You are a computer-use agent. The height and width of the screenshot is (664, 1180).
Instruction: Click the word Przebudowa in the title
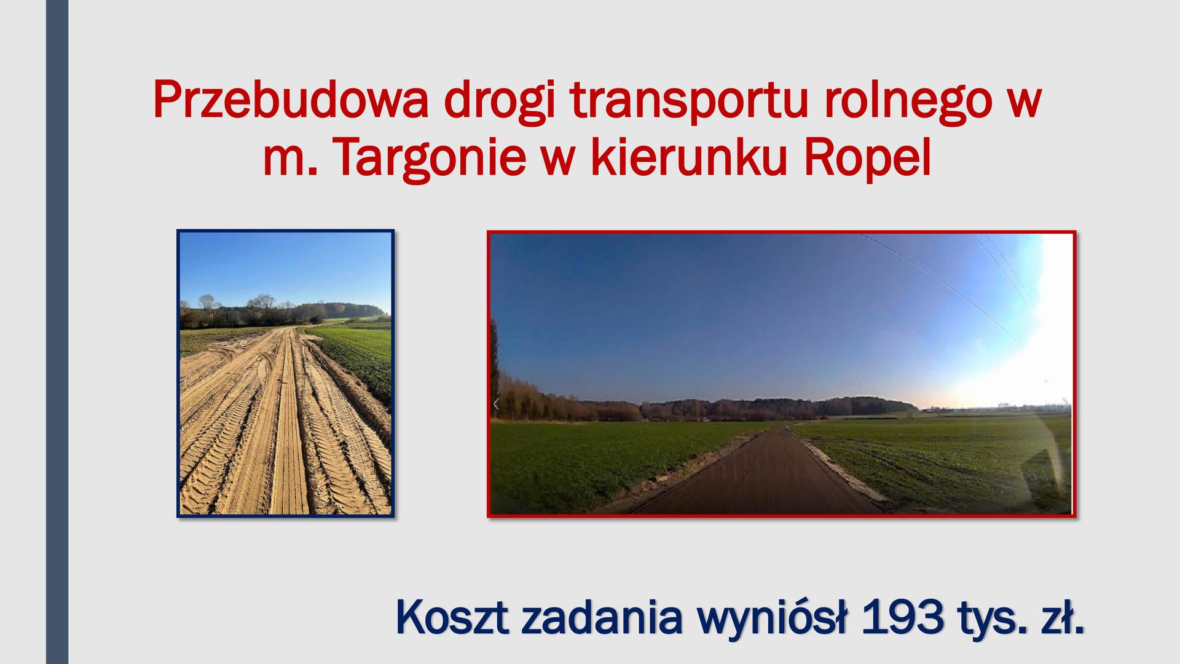click(x=291, y=99)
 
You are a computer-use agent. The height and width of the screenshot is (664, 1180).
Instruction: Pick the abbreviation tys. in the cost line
click(x=990, y=620)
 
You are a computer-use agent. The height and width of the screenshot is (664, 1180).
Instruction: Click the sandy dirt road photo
click(x=286, y=373)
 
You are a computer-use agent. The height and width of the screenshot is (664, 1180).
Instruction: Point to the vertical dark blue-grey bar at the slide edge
click(x=57, y=332)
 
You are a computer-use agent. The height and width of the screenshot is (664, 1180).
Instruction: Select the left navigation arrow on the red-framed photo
click(x=497, y=404)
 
